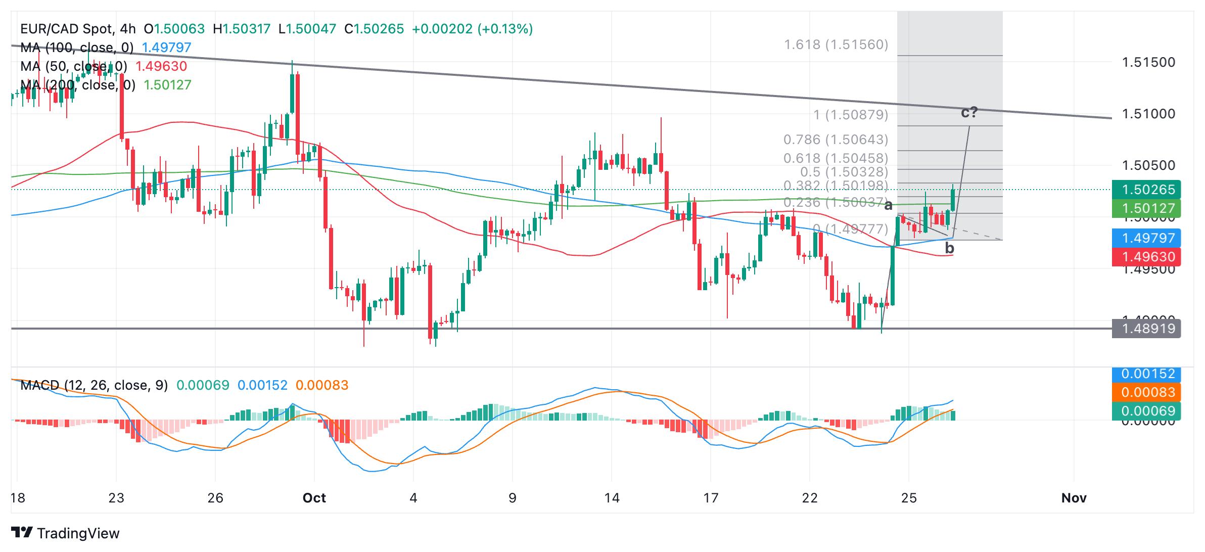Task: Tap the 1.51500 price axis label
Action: point(1148,62)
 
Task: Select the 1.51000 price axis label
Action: point(1148,114)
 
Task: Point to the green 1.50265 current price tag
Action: point(1146,190)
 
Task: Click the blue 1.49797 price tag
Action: point(1146,238)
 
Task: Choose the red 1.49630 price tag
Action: point(1146,257)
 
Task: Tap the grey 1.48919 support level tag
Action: point(1146,329)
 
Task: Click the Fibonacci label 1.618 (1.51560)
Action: point(836,44)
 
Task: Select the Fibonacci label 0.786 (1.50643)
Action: point(836,139)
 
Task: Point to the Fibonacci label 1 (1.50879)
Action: point(851,115)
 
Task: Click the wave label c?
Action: point(969,112)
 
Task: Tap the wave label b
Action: point(950,248)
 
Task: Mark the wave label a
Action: point(889,205)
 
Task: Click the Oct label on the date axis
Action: point(314,498)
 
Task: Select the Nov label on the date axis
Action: point(1074,498)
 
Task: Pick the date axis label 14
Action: point(612,498)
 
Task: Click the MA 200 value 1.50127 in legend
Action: point(167,85)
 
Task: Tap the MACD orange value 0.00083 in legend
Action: point(322,385)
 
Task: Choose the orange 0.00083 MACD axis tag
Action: point(1146,392)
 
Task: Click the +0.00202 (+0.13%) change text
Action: point(472,29)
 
